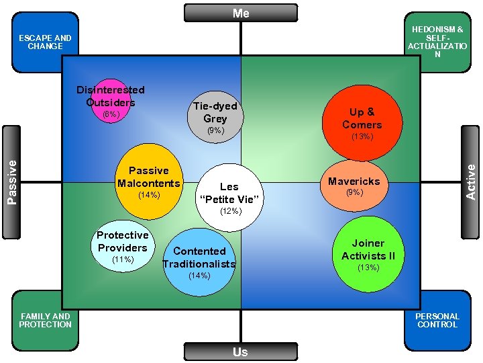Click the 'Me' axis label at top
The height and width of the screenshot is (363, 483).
[x=241, y=13]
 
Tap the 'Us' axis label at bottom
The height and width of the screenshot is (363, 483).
[x=240, y=352]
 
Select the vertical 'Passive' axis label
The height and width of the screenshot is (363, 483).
[x=12, y=182]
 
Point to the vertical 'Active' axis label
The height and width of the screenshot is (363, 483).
[x=471, y=182]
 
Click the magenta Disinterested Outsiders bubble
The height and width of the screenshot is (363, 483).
[x=111, y=99]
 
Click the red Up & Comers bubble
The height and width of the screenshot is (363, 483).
[x=362, y=118]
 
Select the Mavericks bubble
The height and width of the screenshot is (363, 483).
[x=354, y=186]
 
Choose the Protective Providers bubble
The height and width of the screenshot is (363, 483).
[x=122, y=246]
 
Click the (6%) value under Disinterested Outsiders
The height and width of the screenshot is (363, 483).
[x=110, y=114]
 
